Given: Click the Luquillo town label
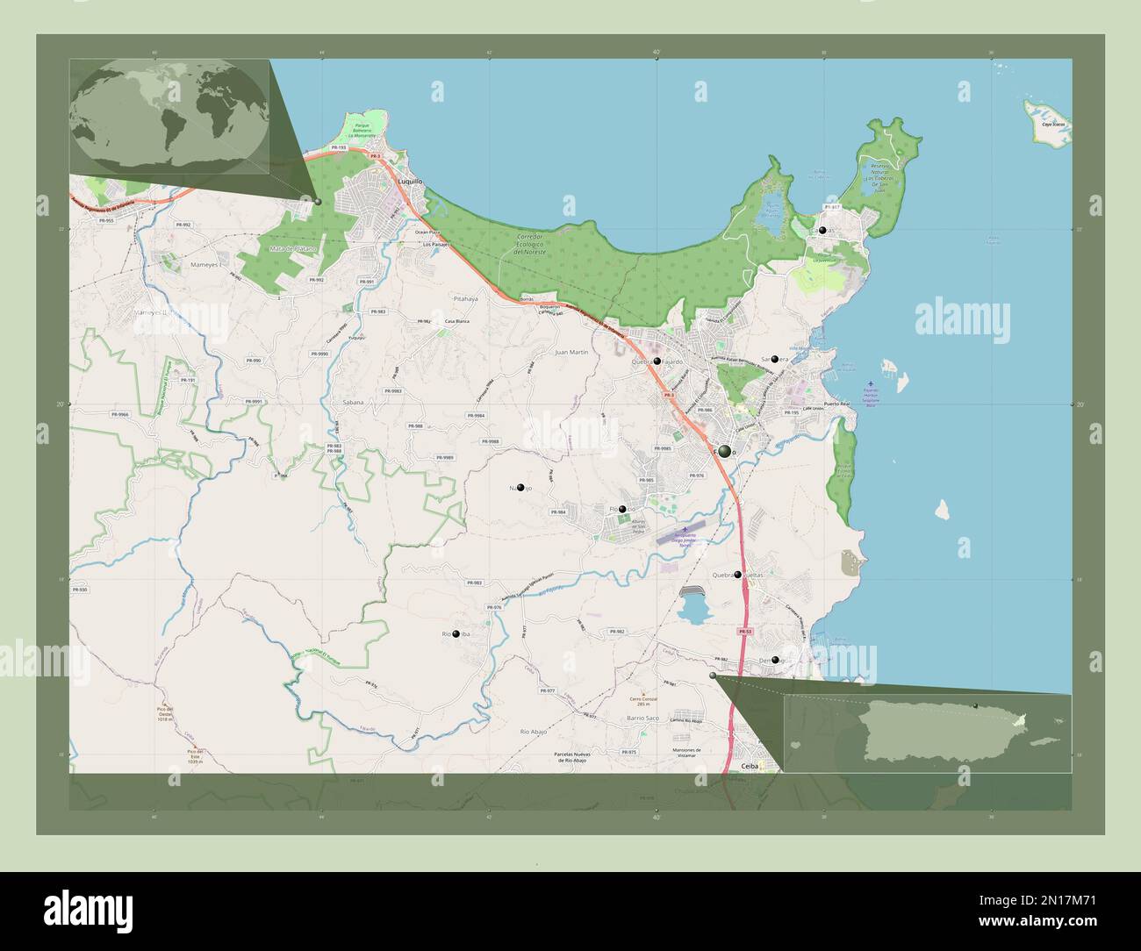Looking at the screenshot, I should tap(410, 182).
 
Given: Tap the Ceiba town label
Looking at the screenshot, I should tap(749, 766).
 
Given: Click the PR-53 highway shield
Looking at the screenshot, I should tap(744, 632).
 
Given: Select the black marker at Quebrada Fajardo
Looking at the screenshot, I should tap(657, 361).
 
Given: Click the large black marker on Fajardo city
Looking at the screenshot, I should tap(724, 451).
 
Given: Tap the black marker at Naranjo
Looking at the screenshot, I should tap(521, 487).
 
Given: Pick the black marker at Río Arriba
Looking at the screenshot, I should tap(456, 633).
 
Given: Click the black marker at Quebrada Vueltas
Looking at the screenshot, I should tap(738, 575).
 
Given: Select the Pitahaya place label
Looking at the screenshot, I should tap(465, 298).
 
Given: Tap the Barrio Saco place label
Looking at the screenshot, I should tap(642, 718).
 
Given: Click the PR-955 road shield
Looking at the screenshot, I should tap(107, 220).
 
